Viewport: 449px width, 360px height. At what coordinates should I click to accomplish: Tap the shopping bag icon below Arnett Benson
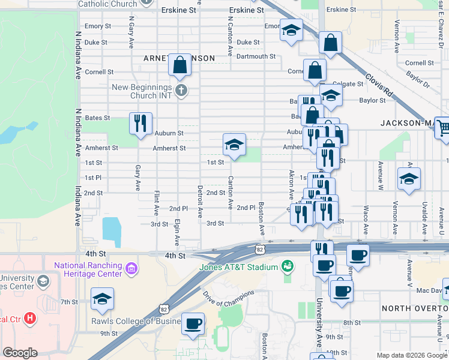tap(179, 65)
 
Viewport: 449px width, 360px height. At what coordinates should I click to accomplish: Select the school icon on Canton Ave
tap(234, 145)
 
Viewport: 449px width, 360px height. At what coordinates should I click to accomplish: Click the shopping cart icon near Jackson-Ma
tap(443, 128)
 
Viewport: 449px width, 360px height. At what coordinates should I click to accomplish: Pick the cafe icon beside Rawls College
tap(193, 324)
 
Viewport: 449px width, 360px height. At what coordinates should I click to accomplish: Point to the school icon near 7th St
tap(102, 299)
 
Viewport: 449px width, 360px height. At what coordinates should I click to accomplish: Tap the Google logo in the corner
tap(20, 353)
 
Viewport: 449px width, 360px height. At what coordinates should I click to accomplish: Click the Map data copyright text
tap(412, 355)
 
